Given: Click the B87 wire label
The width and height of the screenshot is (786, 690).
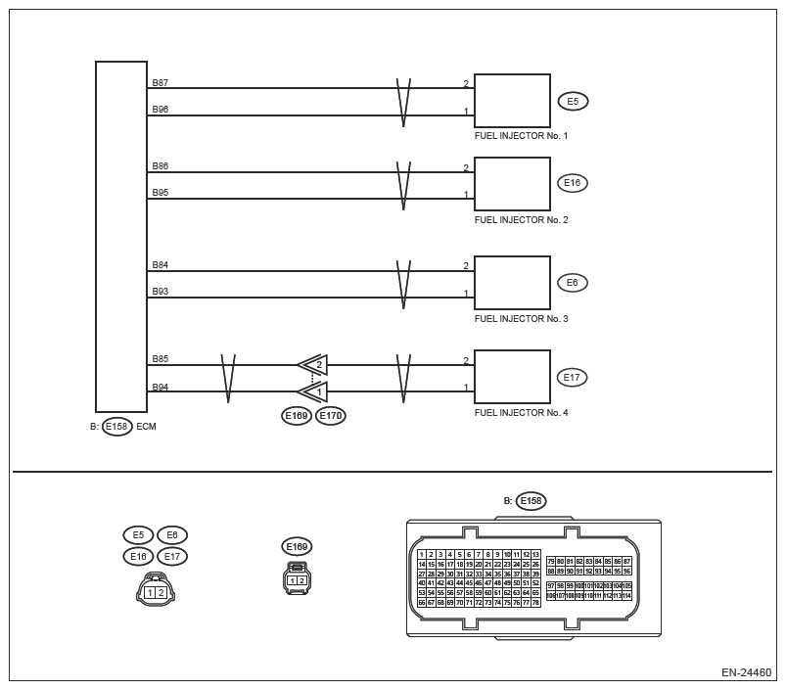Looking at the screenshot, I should [160, 82].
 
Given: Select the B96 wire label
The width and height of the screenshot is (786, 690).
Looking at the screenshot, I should [160, 110].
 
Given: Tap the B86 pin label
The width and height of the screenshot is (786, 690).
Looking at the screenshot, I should [160, 166].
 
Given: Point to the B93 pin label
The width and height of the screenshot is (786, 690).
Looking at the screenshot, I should [160, 292].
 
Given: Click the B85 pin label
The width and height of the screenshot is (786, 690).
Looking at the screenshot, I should [160, 359].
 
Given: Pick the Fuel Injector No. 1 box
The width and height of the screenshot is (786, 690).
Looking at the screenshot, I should [512, 100].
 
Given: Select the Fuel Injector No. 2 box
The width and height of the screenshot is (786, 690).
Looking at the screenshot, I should [512, 184].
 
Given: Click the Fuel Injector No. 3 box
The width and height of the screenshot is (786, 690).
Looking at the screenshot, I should [512, 283].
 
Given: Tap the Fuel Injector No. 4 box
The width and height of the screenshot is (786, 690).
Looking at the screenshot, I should [512, 377].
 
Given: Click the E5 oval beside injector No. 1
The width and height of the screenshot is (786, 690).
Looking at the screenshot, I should [573, 101].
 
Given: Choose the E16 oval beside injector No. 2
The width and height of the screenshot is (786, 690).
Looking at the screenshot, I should [573, 183].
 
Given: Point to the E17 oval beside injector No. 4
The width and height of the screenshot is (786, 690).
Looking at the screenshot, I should [573, 377].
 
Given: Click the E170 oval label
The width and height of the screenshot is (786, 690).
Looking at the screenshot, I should [330, 417].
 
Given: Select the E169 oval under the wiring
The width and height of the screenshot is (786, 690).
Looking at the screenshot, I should [297, 417].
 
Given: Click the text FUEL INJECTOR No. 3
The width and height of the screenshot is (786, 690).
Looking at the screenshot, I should [521, 319].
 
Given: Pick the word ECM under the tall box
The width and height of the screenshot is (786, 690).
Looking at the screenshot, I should [147, 427].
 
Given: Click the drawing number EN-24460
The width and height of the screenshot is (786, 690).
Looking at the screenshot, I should [746, 673].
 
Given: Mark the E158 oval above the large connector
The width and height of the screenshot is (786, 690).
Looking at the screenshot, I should [531, 501].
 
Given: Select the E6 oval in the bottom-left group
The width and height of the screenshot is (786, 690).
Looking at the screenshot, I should [171, 535].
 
